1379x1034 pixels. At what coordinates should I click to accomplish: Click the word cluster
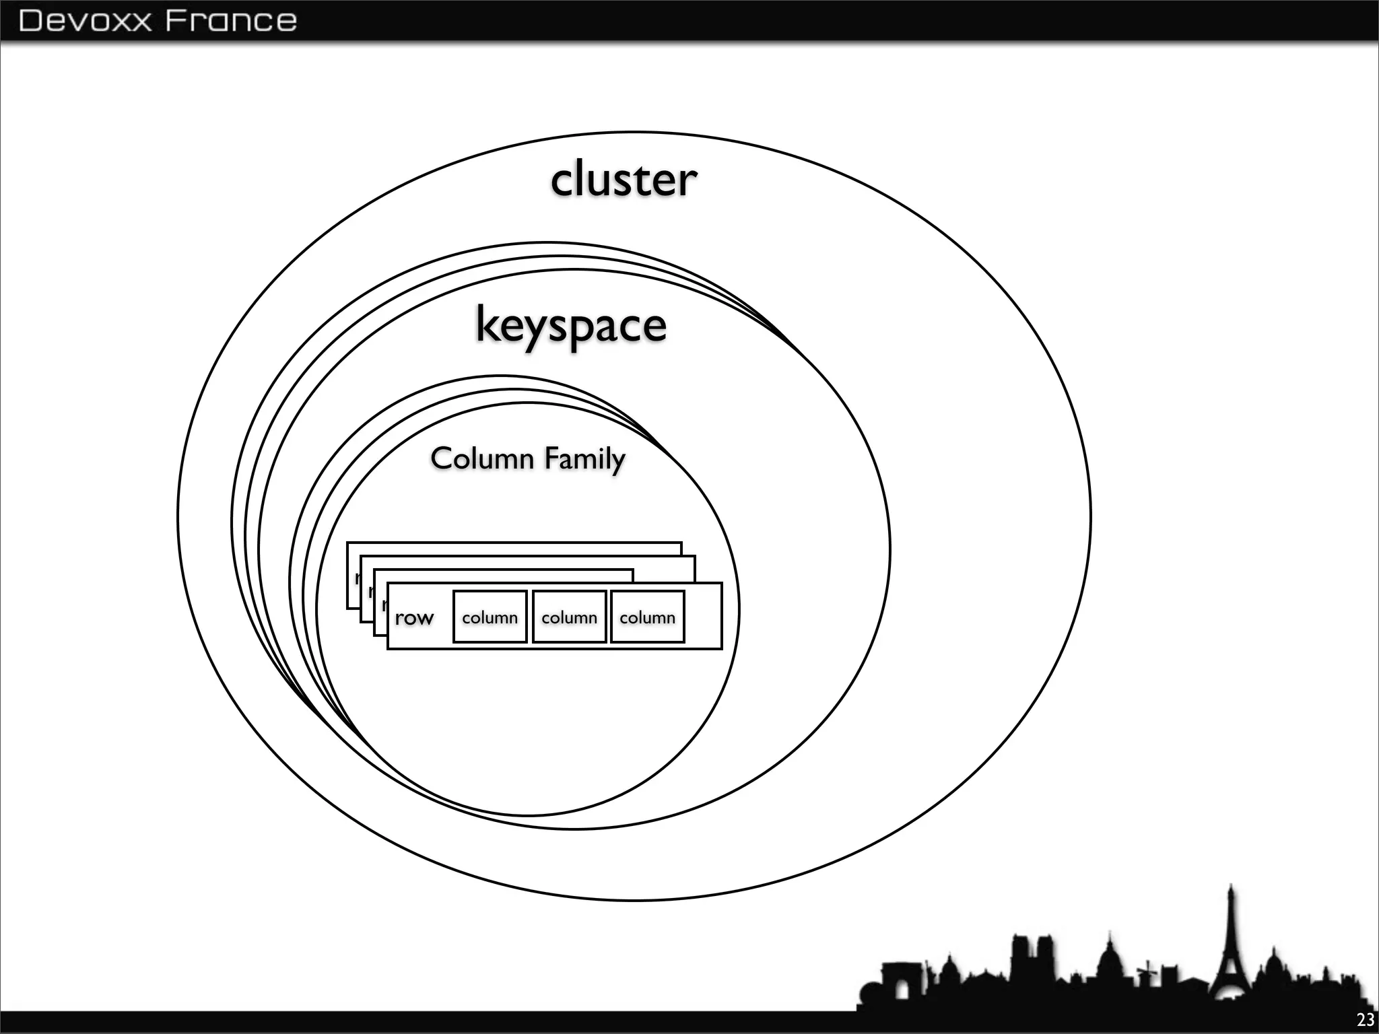pos(624,180)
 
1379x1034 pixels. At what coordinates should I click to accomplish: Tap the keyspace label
pos(571,325)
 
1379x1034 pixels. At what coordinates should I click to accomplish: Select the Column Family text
pos(528,459)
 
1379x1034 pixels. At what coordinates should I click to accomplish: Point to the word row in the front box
pos(413,617)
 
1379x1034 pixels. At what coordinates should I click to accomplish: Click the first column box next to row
pos(490,617)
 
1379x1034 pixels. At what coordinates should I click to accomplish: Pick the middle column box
pos(569,617)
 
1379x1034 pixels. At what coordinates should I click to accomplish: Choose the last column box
pos(647,617)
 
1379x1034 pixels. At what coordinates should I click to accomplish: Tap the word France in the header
pos(230,20)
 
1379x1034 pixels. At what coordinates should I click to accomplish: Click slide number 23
pos(1366,1020)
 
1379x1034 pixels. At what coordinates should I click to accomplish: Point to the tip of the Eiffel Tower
pos(1231,886)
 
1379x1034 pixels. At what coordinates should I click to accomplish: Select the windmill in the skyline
pos(1147,971)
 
